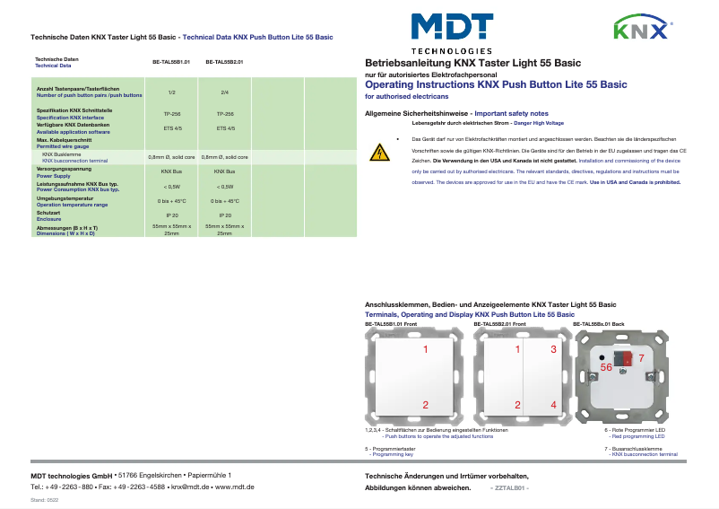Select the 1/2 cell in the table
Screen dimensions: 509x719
tap(171, 92)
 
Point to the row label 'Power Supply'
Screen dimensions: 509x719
tap(55, 177)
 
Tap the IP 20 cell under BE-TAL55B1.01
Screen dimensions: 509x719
tap(171, 215)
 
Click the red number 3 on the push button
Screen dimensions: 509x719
tap(553, 349)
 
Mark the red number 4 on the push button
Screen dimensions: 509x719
tap(553, 406)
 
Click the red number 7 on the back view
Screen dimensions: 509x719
tap(640, 358)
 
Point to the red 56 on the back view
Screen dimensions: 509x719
tap(606, 368)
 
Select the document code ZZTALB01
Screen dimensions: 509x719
tap(509, 487)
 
